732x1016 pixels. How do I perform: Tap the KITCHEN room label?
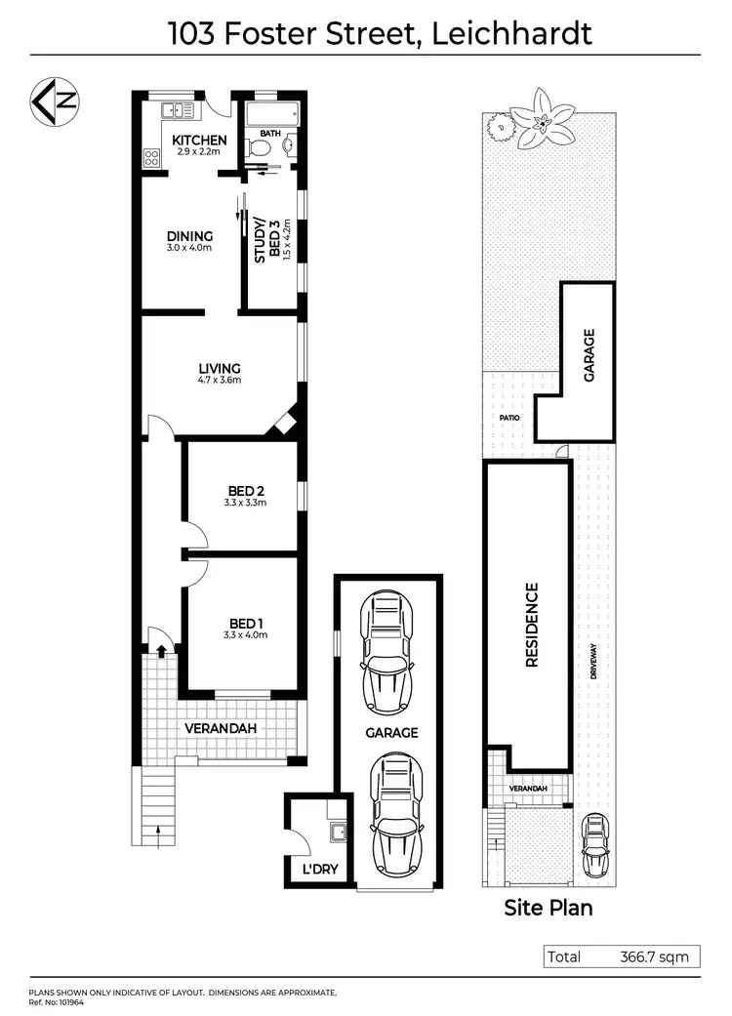pos(199,141)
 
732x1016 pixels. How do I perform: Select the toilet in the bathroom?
pos(258,147)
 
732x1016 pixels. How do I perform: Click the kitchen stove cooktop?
pos(152,155)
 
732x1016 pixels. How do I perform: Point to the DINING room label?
pos(189,236)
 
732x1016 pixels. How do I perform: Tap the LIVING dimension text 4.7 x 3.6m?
pos(220,380)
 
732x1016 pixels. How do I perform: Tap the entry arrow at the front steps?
pos(158,832)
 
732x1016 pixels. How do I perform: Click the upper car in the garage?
pos(387,654)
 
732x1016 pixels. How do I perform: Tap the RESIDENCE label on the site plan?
pos(532,625)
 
